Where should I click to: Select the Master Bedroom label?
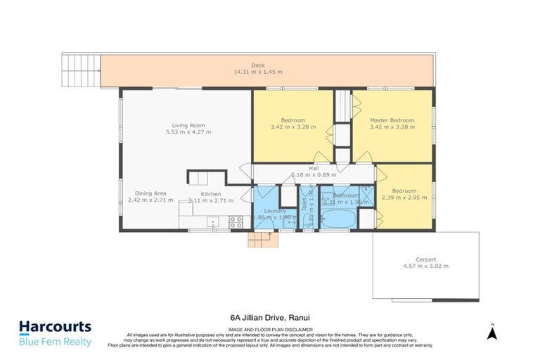coord(392,120)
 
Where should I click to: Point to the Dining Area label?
coord(150,193)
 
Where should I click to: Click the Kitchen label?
coord(211,194)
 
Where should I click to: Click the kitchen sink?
coord(212,223)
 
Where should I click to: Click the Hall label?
coord(314,169)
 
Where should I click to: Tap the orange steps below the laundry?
coord(263,240)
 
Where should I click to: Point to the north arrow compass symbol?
coord(493,330)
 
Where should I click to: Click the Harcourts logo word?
coord(55,327)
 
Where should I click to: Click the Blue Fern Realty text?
coord(55,342)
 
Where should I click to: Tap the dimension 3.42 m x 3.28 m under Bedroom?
coord(292,127)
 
